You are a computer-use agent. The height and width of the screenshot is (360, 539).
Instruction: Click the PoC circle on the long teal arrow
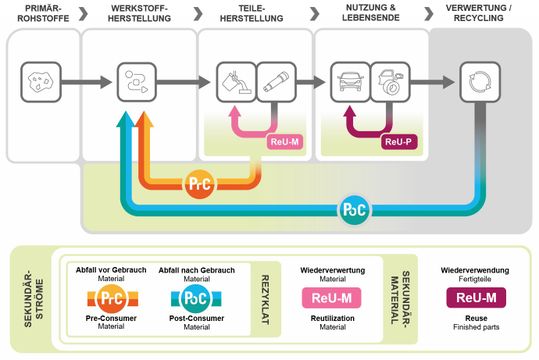(347, 211)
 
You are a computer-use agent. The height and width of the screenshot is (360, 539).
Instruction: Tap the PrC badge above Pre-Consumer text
(110, 298)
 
